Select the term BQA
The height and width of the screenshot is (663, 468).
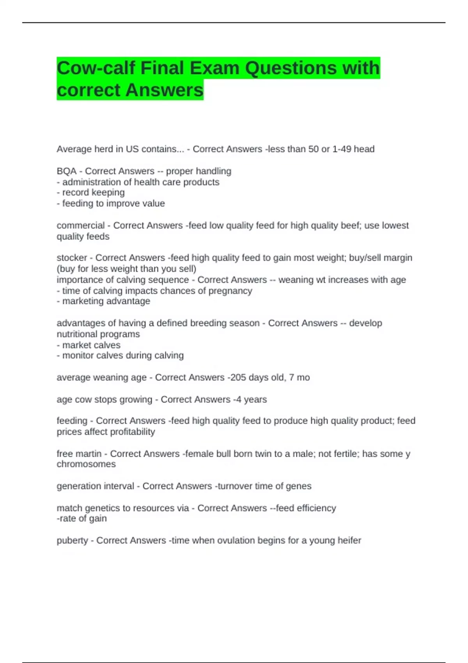coord(66,171)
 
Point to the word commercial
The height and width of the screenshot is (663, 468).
coord(80,225)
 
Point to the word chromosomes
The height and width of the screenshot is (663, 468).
coord(86,464)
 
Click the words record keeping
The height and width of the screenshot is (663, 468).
coord(94,193)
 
